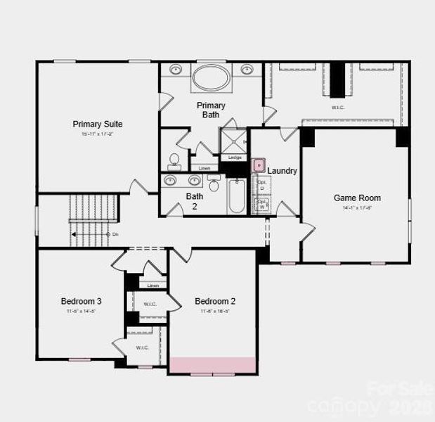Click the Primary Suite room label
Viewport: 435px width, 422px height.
98,124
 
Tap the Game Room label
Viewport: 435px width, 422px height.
357,198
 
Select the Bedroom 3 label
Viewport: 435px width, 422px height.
82,301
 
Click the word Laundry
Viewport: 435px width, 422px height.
283,171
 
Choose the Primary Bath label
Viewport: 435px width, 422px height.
211,110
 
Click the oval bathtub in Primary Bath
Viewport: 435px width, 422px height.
210,77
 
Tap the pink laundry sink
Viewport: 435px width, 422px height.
258,165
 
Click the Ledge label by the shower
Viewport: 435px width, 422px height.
235,158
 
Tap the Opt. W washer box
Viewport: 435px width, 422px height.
262,205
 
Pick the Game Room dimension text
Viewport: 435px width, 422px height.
357,208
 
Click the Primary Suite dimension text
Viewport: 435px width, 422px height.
98,134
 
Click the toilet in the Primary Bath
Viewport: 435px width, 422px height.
175,160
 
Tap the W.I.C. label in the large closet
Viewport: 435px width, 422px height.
339,108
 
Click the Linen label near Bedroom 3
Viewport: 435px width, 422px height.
153,285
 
